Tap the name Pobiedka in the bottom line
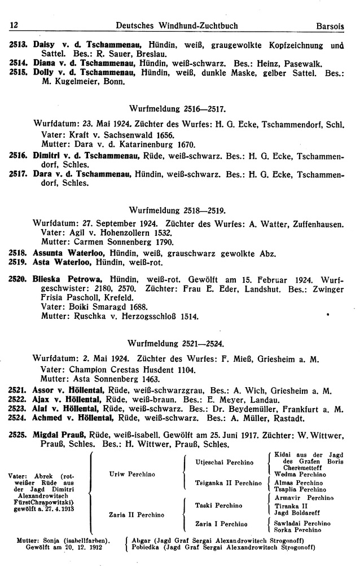pos(148,547)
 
